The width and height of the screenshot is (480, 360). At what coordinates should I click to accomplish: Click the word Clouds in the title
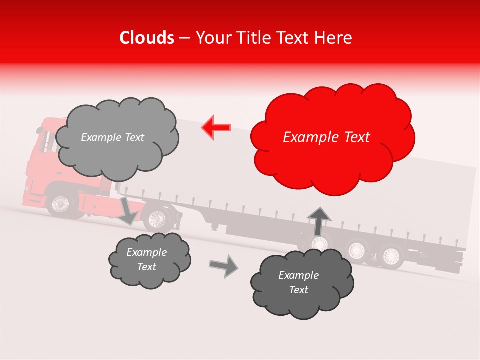coord(147,38)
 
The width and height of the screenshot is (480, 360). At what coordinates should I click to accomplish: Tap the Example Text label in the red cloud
coord(326,137)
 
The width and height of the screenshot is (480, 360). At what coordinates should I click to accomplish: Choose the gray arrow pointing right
coord(224,265)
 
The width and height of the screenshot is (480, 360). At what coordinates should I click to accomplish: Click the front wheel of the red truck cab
coord(61,203)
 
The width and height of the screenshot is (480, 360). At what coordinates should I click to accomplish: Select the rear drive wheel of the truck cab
coord(158,218)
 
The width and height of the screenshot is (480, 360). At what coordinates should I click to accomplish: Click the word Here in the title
coord(337,38)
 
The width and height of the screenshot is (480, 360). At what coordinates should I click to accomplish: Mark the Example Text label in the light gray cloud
coord(112,137)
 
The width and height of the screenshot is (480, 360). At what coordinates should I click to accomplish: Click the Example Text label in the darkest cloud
coord(298,282)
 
